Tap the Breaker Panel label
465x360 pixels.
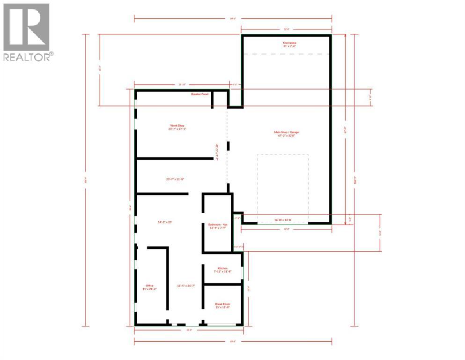[x=199, y=94]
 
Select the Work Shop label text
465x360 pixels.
[x=177, y=126]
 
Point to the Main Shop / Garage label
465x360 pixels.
[x=286, y=132]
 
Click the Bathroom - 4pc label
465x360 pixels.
[x=217, y=225]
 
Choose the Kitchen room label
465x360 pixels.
[x=223, y=268]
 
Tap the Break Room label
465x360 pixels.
[x=223, y=303]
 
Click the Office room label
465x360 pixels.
[x=149, y=285]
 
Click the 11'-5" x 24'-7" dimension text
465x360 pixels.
[x=185, y=285]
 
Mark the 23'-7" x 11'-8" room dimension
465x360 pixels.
[x=175, y=179]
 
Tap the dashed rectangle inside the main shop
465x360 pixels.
[x=283, y=187]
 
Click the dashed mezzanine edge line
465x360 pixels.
[x=286, y=54]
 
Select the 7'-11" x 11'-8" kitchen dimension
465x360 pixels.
[x=223, y=271]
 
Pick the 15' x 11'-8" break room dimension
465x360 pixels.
[x=223, y=307]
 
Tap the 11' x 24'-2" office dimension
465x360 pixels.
[x=149, y=289]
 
